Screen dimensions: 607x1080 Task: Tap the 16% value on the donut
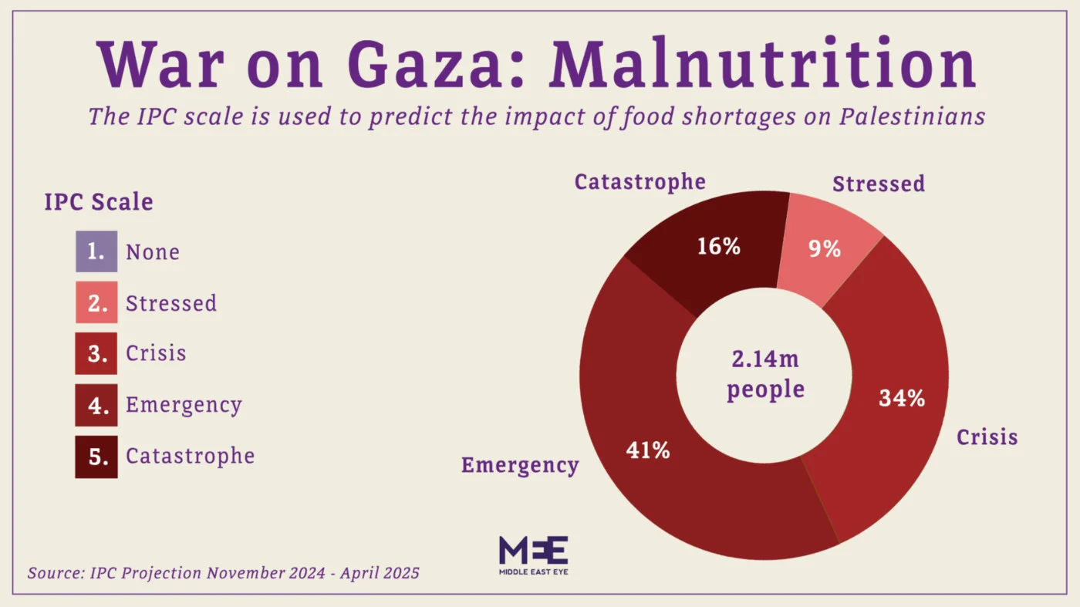718,246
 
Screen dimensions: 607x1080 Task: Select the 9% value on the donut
825,249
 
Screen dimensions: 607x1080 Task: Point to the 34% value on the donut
901,398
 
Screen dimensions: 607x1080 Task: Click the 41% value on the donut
647,450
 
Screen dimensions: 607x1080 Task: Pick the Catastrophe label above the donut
640,182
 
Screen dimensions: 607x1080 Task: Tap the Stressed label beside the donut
878,184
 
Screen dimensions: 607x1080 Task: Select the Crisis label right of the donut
987,437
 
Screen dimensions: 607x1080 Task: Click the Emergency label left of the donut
519,465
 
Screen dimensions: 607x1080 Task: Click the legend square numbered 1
96,251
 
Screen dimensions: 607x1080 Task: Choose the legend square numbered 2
96,302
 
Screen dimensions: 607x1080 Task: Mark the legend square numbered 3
96,353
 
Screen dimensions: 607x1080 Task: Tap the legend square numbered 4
96,405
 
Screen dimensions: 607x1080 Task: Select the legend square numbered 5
96,456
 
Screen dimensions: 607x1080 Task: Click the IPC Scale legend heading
99,202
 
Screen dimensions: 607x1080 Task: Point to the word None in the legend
153,252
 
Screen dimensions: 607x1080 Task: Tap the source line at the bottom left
224,573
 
